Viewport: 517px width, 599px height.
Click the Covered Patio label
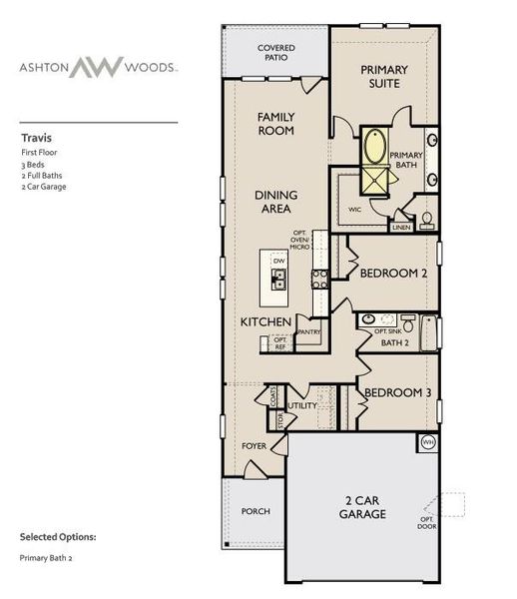[x=275, y=52]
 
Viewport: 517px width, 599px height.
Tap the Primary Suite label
[x=379, y=76]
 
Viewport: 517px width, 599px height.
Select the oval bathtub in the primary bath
[x=376, y=148]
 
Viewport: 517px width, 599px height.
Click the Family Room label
[x=274, y=123]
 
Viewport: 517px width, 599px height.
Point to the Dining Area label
[x=271, y=202]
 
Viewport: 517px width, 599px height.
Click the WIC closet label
[x=354, y=210]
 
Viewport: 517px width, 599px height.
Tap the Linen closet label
[x=402, y=228]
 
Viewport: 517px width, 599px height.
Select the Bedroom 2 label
[x=394, y=273]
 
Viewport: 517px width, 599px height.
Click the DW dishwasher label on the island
[x=279, y=262]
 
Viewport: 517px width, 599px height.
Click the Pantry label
[x=307, y=332]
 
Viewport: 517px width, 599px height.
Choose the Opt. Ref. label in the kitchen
[x=280, y=342]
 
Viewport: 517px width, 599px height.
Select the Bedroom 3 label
[x=397, y=393]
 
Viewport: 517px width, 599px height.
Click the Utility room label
[x=302, y=406]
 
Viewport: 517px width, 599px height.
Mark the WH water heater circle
[x=428, y=441]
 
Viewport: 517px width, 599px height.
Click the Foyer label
[x=254, y=445]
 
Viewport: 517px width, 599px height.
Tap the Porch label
[x=256, y=511]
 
